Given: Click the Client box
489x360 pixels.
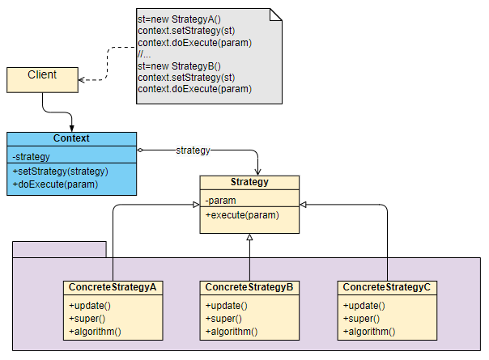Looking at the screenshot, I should (42, 78).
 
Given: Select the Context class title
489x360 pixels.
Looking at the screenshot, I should (71, 138).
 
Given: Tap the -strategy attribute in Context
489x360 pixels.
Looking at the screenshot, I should (32, 156).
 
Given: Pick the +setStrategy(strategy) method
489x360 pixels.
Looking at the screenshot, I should (61, 172).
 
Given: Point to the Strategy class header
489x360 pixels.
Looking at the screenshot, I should (249, 183).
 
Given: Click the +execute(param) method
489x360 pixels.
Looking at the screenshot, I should (242, 215).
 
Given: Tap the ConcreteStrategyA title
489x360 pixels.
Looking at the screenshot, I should (113, 288).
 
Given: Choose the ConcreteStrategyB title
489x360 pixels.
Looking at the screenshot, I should (249, 288).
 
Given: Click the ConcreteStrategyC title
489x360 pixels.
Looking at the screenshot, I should (386, 288).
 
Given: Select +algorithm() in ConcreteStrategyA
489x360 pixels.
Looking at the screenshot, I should (95, 332).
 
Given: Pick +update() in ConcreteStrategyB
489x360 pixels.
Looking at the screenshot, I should (227, 306).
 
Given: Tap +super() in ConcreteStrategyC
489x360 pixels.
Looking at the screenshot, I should (362, 319).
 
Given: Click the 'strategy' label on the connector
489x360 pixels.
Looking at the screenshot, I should (193, 150).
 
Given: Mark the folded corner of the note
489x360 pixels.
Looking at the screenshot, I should (276, 15).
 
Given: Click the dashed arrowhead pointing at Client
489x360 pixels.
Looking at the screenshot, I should (84, 79).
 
